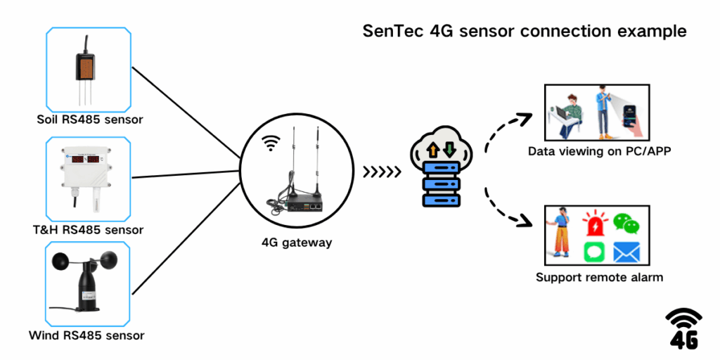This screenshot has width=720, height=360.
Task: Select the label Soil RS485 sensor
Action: point(89,119)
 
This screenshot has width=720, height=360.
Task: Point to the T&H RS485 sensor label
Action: point(89,229)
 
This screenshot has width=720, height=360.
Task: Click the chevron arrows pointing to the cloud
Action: point(382,171)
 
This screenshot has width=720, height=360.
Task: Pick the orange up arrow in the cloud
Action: point(433,149)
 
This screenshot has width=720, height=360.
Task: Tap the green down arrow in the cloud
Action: point(448,149)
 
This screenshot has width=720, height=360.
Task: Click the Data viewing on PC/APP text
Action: point(598,151)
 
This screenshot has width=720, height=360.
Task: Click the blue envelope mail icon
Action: point(626,252)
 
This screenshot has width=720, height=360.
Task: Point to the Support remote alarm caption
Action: point(598,277)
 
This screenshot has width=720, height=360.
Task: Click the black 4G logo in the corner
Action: point(683,328)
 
